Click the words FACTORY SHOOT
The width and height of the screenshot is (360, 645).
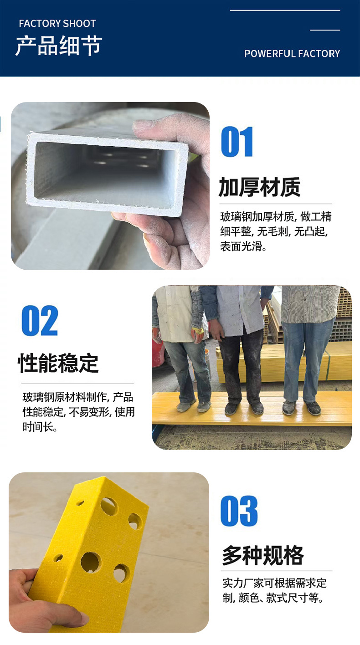pyautogui.click(x=57, y=23)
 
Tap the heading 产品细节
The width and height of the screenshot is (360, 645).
pyautogui.click(x=59, y=46)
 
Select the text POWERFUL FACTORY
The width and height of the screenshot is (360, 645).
pyautogui.click(x=292, y=54)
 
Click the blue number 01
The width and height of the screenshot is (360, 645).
pyautogui.click(x=237, y=142)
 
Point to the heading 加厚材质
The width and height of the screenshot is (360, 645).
pyautogui.click(x=259, y=187)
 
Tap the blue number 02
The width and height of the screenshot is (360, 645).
pyautogui.click(x=40, y=321)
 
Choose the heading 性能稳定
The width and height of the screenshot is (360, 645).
pyautogui.click(x=58, y=363)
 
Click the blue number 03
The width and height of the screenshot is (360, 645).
pyautogui.click(x=239, y=511)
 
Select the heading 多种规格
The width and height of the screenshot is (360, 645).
pyautogui.click(x=263, y=555)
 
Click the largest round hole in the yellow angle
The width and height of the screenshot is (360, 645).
pyautogui.click(x=91, y=563)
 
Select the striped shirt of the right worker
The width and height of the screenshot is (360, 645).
pyautogui.click(x=309, y=304)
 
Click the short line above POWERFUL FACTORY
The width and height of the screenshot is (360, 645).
pyautogui.click(x=325, y=30)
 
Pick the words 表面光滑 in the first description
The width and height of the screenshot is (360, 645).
pyautogui.click(x=241, y=246)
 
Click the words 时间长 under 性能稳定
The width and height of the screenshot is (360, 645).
pyautogui.click(x=38, y=427)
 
